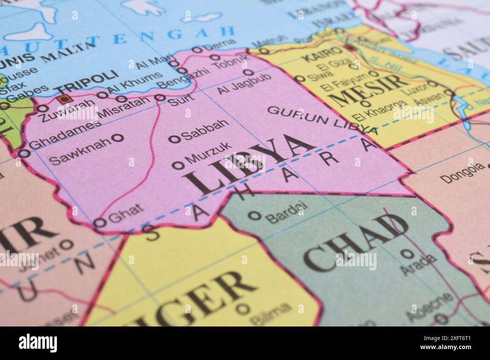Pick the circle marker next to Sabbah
click(175, 139)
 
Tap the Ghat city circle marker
click(100, 223)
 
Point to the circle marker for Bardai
click(256, 215)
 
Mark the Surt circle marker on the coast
click(161, 98)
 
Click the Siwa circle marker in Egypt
click(300, 79)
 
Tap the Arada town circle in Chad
click(406, 253)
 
